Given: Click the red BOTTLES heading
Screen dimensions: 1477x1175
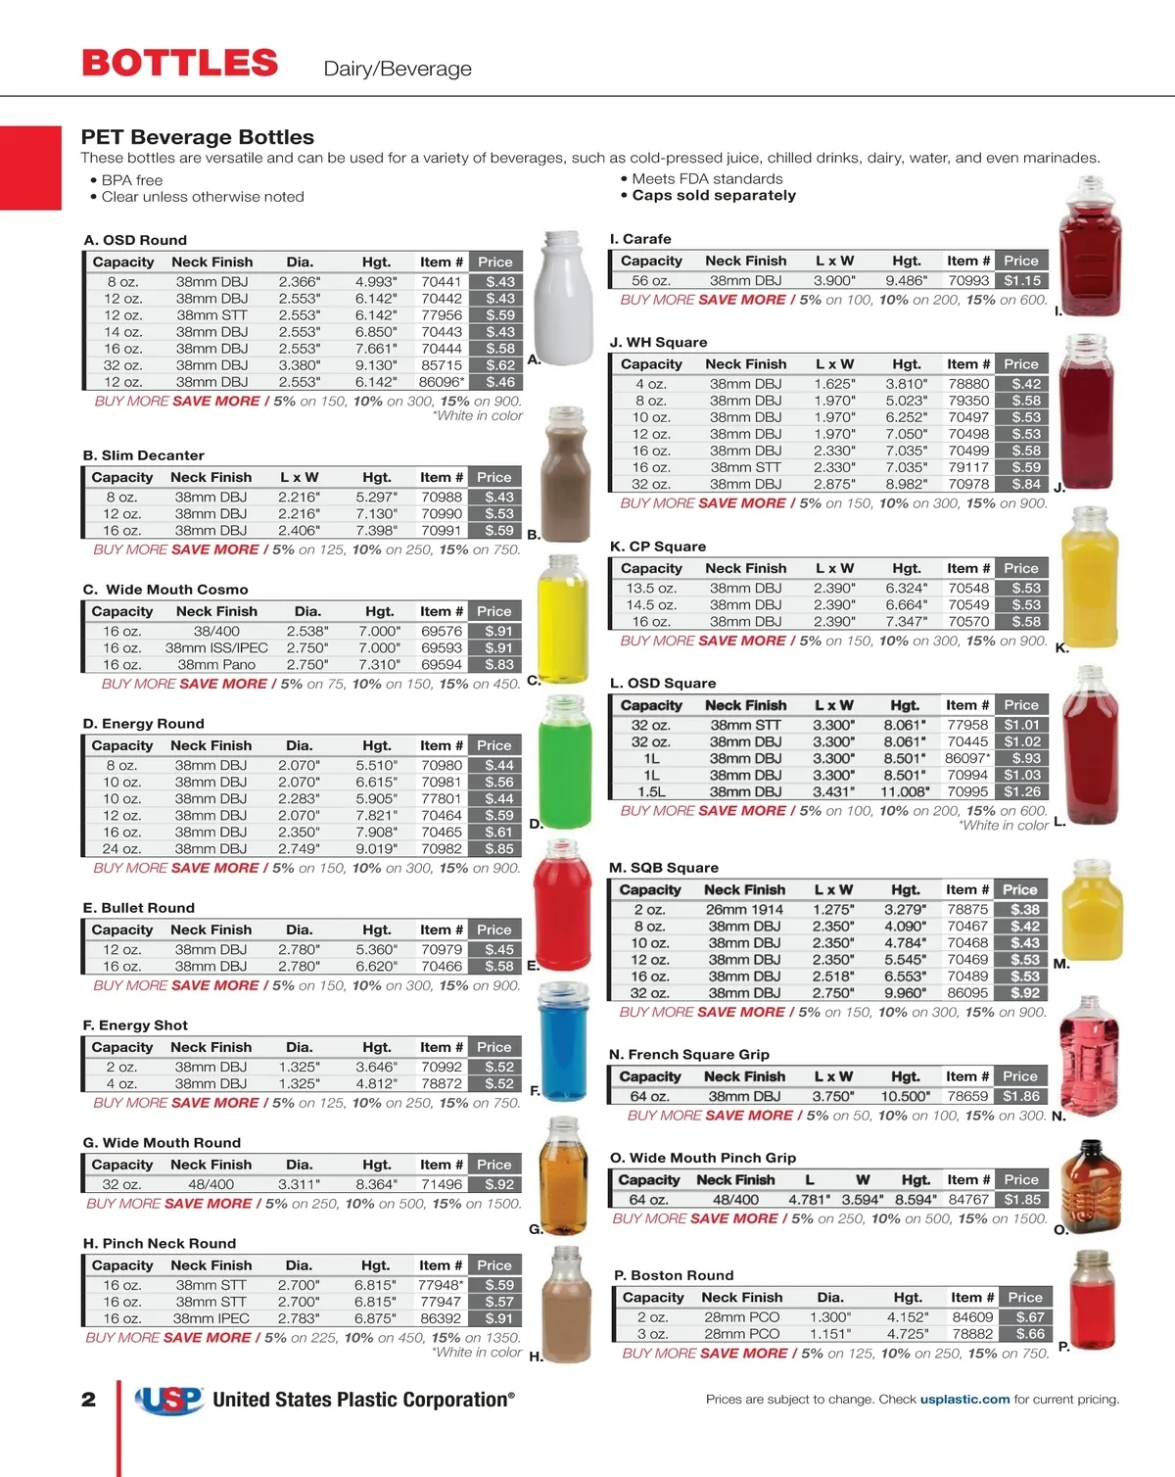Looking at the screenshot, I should pos(180,64).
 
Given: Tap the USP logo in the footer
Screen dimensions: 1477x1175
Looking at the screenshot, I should pos(169,1401).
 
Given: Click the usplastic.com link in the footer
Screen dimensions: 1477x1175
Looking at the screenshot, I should pos(964,1400).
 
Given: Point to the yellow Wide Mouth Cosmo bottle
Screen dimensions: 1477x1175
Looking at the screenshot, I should pos(563,618).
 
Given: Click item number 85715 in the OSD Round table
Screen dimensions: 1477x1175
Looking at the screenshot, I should pos(441,365).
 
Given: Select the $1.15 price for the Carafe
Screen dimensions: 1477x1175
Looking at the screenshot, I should pos(1022,281).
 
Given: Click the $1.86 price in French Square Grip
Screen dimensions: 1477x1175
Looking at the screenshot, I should pos(1021,1097).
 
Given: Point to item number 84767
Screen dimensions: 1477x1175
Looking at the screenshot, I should pos(968,1200).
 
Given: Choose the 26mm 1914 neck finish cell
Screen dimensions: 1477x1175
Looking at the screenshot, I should pos(744,910).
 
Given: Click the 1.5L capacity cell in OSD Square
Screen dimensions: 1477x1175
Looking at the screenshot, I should pos(651,792).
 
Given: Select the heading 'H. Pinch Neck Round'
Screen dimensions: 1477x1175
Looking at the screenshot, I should pos(160,1244).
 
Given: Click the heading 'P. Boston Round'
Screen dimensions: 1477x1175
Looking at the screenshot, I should pos(674,1276).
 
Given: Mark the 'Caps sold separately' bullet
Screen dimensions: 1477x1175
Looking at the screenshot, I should pos(714,196).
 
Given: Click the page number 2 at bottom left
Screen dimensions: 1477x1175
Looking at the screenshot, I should pos(89,1400).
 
